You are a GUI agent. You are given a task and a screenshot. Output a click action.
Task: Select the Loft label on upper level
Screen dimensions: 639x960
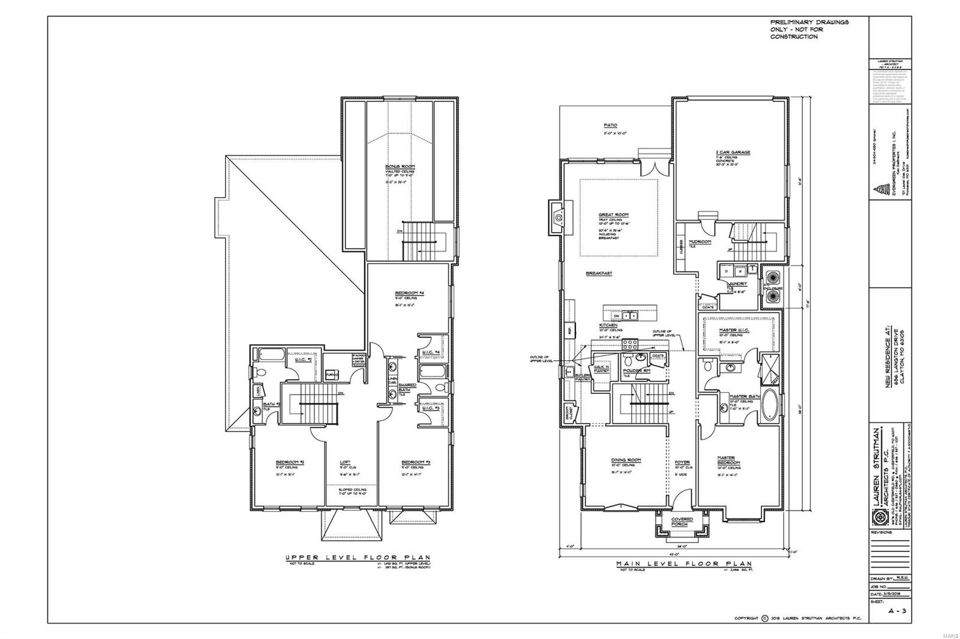345,462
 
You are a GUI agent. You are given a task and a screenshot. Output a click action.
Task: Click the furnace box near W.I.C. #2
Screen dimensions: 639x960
331,375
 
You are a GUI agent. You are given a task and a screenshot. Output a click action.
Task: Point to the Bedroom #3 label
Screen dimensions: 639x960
416,462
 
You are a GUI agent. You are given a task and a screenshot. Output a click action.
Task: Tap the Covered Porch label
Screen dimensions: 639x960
682,522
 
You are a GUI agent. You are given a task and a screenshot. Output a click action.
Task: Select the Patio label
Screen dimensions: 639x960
610,125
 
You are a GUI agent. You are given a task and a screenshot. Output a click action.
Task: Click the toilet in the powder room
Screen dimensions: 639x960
628,361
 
